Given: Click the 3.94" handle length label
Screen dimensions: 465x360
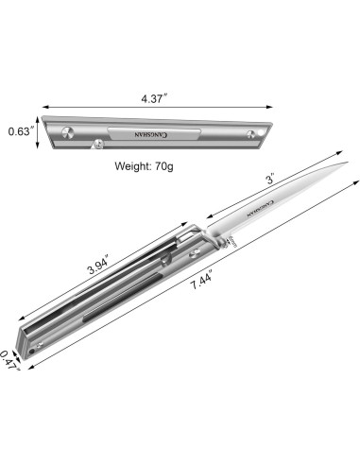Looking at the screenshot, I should [98, 267].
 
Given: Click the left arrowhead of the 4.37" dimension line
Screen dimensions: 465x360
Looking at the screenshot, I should [47, 107].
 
